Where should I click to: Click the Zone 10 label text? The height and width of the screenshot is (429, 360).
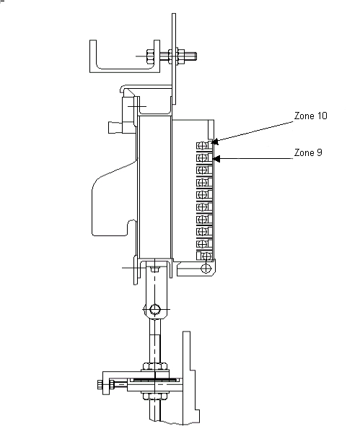(310, 116)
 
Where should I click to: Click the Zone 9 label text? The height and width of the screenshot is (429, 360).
(308, 152)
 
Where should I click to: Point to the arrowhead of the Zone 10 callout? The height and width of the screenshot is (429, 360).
(215, 142)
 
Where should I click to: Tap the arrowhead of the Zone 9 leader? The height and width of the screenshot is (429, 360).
(216, 159)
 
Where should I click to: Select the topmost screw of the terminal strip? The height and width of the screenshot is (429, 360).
(202, 146)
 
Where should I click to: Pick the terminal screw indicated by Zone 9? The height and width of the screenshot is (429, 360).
(202, 158)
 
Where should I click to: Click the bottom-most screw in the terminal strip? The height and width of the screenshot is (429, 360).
(207, 256)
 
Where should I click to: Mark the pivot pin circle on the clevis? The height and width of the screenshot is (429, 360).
(154, 309)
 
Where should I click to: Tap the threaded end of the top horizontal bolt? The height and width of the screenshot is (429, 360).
(190, 56)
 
